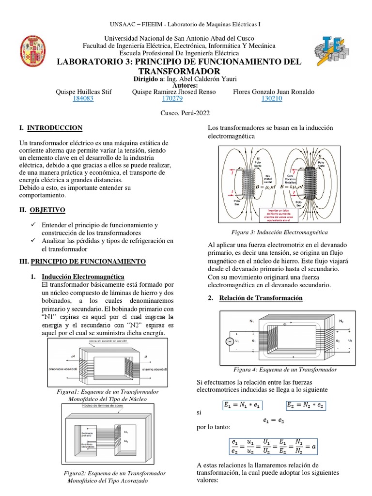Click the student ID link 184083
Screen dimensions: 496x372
tap(83, 98)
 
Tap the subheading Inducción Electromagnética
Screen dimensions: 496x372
tap(83, 277)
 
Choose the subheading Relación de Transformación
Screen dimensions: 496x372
tap(261, 298)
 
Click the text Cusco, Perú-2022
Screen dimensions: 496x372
tap(186, 112)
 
